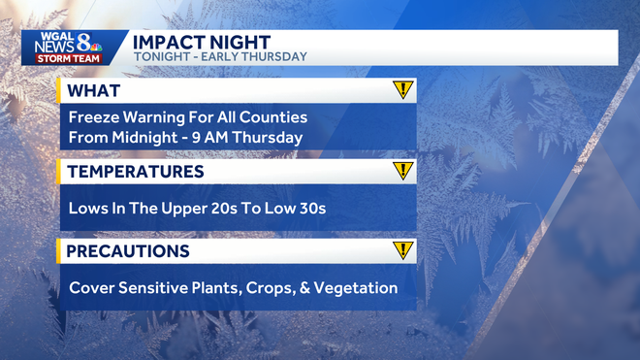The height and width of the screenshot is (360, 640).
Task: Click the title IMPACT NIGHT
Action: coord(201,41)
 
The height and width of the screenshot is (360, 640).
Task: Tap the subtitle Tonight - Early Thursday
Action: coord(219,57)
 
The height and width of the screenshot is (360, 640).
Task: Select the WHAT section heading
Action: coord(94,91)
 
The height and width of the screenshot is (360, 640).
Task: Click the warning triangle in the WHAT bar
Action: coord(402,90)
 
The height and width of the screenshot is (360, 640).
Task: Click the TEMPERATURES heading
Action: coord(136,172)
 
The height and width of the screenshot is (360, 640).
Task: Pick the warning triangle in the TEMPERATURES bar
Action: coord(402,172)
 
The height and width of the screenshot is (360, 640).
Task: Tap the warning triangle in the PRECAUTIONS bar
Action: coord(402,251)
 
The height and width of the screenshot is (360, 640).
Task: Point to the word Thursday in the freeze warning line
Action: coord(269,137)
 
